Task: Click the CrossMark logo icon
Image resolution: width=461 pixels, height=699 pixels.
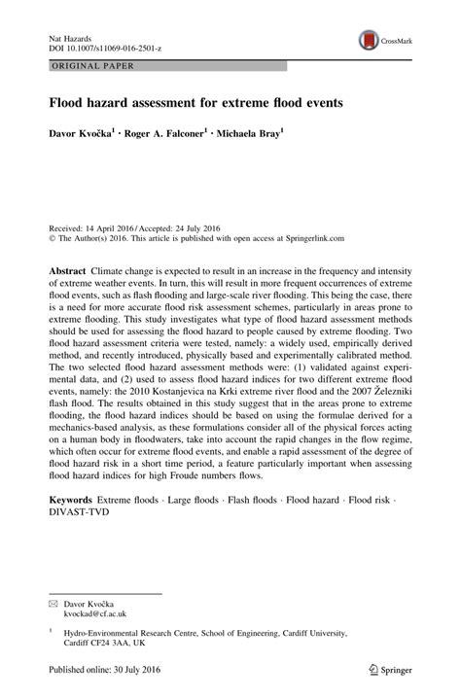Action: pyautogui.click(x=369, y=40)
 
